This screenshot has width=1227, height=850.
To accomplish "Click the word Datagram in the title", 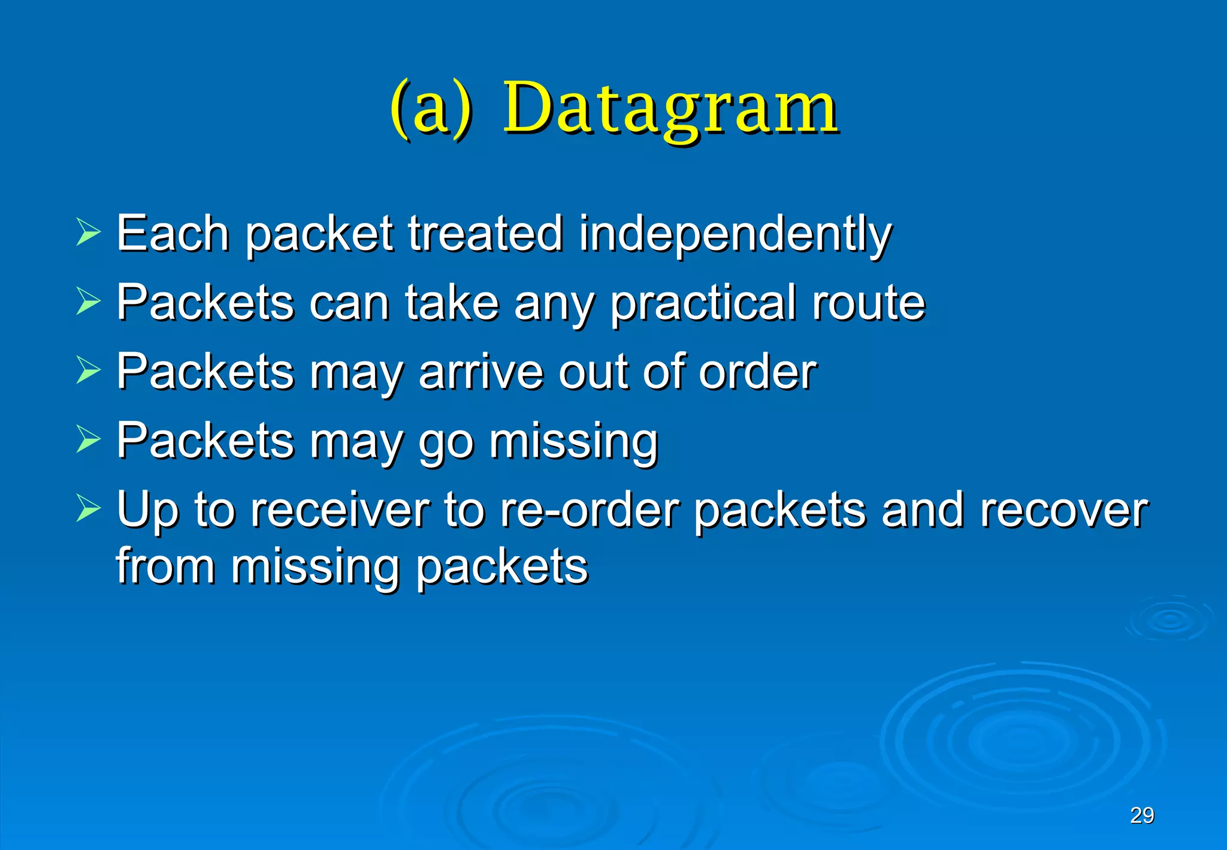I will (670, 109).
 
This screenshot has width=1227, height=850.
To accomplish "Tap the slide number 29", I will (1142, 815).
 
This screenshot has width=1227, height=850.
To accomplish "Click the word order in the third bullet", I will (758, 372).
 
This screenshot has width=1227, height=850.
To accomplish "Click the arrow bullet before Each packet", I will (88, 233).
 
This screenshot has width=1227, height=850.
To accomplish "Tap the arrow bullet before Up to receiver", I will (88, 509).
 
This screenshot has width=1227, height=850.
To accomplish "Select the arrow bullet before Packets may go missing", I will (88, 440).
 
